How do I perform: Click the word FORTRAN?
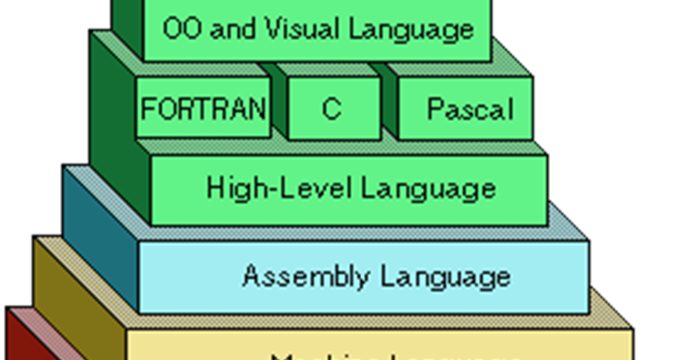coord(203,108)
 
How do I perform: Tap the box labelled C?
coord(332,108)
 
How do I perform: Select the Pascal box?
coord(469,108)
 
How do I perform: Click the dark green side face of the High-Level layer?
coord(119,133)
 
